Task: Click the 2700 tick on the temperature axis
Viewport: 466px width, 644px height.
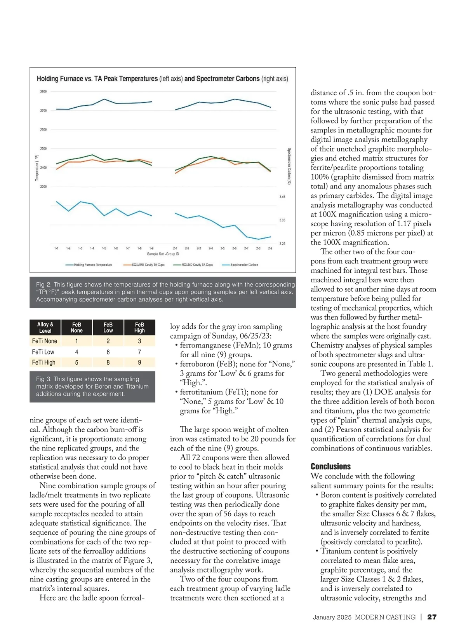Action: point(43,111)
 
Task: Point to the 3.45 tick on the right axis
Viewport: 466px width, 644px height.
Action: point(282,197)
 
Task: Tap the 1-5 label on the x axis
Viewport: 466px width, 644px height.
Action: point(104,248)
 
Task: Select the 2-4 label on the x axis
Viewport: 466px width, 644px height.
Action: point(210,248)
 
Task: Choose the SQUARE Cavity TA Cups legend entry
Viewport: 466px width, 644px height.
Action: point(144,265)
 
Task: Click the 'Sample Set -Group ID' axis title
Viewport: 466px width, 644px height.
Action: point(163,254)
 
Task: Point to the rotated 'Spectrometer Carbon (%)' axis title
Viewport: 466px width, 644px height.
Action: point(289,166)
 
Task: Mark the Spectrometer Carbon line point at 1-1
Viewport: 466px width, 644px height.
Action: point(57,201)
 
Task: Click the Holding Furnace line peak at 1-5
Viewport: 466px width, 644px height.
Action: point(104,99)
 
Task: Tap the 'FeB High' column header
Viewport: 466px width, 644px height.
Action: point(139,328)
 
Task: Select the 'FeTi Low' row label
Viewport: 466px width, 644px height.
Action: point(43,352)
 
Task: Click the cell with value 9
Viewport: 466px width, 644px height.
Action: point(139,363)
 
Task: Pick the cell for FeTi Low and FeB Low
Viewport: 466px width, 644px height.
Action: point(108,352)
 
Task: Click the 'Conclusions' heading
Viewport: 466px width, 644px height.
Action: point(330,466)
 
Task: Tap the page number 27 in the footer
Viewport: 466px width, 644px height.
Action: point(432,617)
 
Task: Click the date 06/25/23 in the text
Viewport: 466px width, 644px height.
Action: point(256,336)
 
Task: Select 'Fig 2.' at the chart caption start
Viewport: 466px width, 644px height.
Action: point(43,284)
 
